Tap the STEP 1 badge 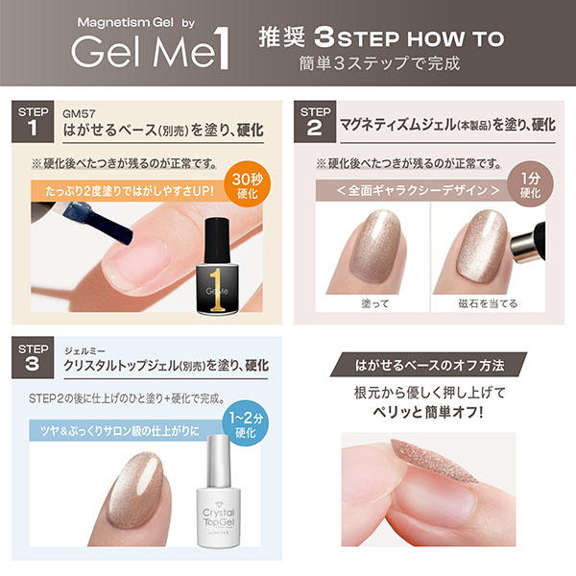coord(33,122)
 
